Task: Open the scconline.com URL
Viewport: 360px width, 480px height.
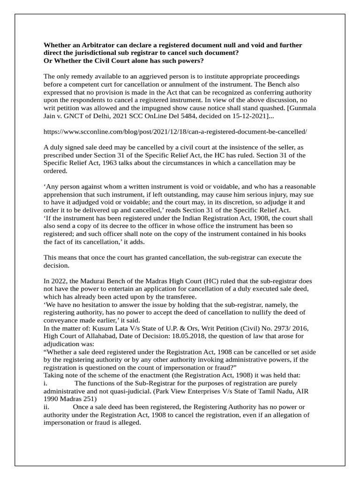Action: point(175,132)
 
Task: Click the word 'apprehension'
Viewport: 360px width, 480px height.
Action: point(65,194)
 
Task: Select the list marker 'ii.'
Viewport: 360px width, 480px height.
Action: point(47,406)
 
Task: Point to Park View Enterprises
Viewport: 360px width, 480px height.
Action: point(211,391)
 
